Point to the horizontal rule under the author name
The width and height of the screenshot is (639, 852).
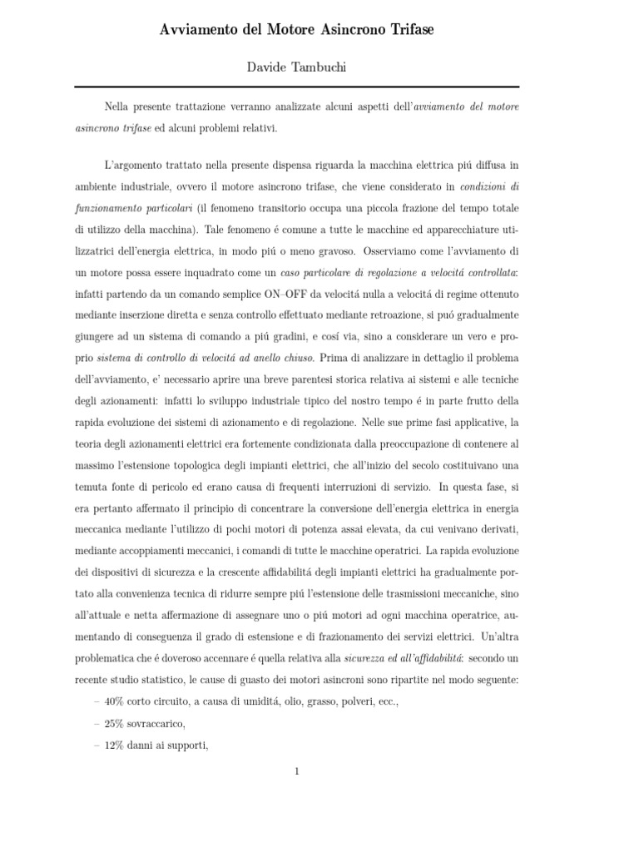point(297,87)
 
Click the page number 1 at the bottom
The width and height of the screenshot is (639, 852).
point(296,771)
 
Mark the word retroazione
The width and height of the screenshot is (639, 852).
point(370,315)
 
